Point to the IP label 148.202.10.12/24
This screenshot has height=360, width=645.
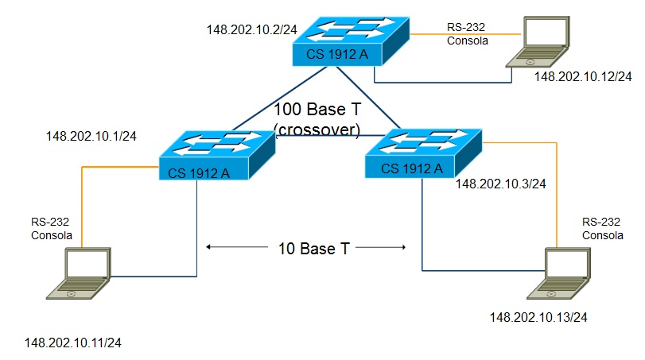pyautogui.click(x=583, y=77)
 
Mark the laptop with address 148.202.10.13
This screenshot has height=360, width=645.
pyautogui.click(x=567, y=275)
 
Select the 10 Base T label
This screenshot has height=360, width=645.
pyautogui.click(x=313, y=248)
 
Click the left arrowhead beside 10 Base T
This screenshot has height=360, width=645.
pyautogui.click(x=209, y=248)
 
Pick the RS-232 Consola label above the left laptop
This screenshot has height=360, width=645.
pyautogui.click(x=51, y=229)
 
